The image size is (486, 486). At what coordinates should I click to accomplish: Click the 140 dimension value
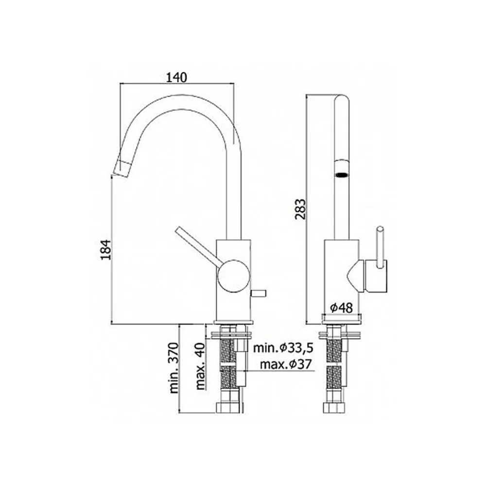tap(177, 77)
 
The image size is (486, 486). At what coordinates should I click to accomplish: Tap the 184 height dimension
tap(106, 249)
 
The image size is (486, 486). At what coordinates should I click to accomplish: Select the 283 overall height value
tap(300, 209)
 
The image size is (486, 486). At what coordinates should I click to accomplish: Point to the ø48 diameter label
tap(341, 308)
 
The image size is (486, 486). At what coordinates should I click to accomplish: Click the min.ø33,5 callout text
tap(283, 348)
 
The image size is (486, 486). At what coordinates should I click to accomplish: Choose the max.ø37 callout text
tap(285, 364)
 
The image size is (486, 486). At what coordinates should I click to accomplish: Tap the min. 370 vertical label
tap(174, 368)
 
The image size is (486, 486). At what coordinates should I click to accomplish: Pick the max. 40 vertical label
tap(200, 366)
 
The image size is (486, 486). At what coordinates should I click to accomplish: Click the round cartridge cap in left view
tap(234, 276)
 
